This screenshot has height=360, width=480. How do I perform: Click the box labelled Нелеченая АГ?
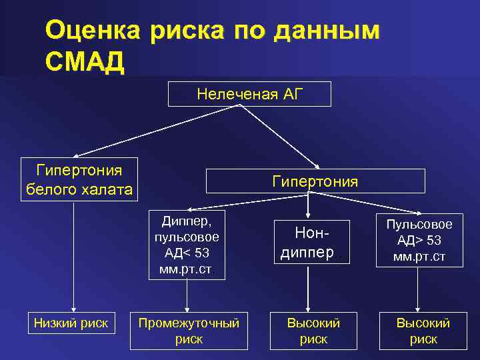[x=249, y=94]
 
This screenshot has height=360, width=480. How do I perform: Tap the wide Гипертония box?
[x=315, y=181]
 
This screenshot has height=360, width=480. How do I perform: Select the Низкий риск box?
[x=71, y=323]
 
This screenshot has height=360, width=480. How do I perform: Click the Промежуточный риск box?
[x=189, y=331]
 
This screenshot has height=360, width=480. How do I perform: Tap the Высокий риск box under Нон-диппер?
[x=313, y=331]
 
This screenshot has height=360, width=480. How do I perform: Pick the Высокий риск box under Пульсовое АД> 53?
[x=423, y=331]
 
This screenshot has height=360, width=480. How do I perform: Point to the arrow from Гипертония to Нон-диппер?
[x=307, y=207]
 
